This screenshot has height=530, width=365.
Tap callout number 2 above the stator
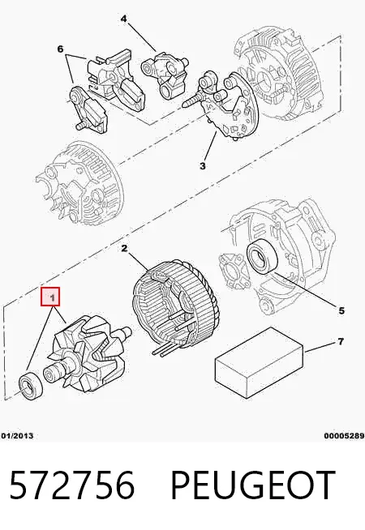[124, 249]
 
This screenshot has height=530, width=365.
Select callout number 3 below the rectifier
[202, 166]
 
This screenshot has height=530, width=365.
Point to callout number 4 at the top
[124, 19]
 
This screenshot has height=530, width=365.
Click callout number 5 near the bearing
[341, 310]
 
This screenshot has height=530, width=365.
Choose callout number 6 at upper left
[60, 49]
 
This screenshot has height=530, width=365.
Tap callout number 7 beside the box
[341, 341]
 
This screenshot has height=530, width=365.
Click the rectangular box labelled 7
[259, 362]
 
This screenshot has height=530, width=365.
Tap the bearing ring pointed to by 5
[263, 255]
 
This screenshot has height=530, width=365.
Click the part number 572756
[72, 485]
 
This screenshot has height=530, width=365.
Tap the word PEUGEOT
[253, 485]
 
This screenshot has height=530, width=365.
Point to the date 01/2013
[17, 436]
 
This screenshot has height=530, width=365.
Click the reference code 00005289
[345, 436]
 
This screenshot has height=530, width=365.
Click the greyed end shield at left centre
[79, 184]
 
